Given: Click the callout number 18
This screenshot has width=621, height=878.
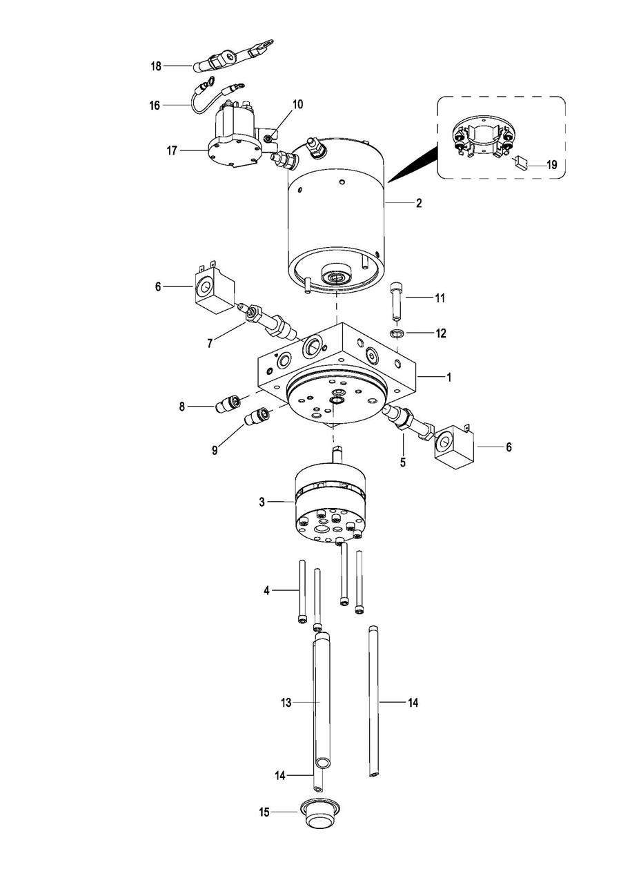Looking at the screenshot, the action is pos(156,66).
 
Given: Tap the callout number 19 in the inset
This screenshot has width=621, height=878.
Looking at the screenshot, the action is pos(551,165).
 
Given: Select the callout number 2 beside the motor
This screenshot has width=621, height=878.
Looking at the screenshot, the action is pos(419,203).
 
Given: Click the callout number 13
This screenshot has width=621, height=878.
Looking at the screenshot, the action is pos(286,703).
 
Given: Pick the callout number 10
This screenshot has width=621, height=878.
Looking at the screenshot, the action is pos(298,104).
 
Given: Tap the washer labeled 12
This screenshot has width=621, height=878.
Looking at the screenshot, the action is pos(397,333).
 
